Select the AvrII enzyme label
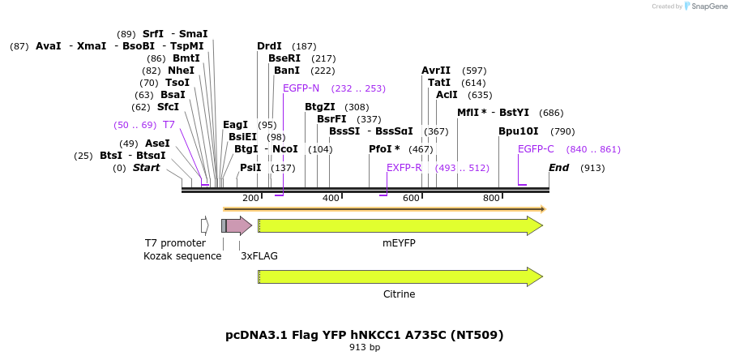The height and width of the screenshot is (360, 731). (x=436, y=71)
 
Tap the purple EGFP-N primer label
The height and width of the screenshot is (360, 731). (x=301, y=88)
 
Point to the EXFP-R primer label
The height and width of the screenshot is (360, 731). (x=404, y=168)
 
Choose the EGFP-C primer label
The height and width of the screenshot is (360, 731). (x=536, y=149)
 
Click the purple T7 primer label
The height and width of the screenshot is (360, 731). (x=169, y=125)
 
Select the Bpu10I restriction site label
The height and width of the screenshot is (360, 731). (x=518, y=131)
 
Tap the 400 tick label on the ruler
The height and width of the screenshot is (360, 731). (x=331, y=199)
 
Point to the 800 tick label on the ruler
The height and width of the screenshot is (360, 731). (x=491, y=199)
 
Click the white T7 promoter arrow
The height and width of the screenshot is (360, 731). (x=205, y=225)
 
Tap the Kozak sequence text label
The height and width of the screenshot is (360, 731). (x=182, y=256)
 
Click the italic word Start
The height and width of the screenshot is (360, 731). (x=146, y=168)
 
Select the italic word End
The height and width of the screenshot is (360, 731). (x=558, y=168)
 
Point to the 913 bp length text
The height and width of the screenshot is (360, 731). (x=365, y=348)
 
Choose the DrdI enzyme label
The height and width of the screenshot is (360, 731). (x=269, y=46)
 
